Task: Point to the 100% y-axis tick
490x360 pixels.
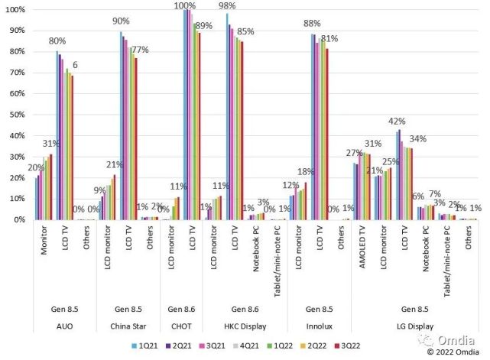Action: [x=15, y=9]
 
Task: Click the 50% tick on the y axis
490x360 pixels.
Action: [x=17, y=115]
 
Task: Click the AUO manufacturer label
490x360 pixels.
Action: [x=65, y=325]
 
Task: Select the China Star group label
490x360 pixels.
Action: [x=127, y=325]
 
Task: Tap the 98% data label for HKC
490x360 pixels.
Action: [x=226, y=6]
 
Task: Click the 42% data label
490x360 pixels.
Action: [x=397, y=122]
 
